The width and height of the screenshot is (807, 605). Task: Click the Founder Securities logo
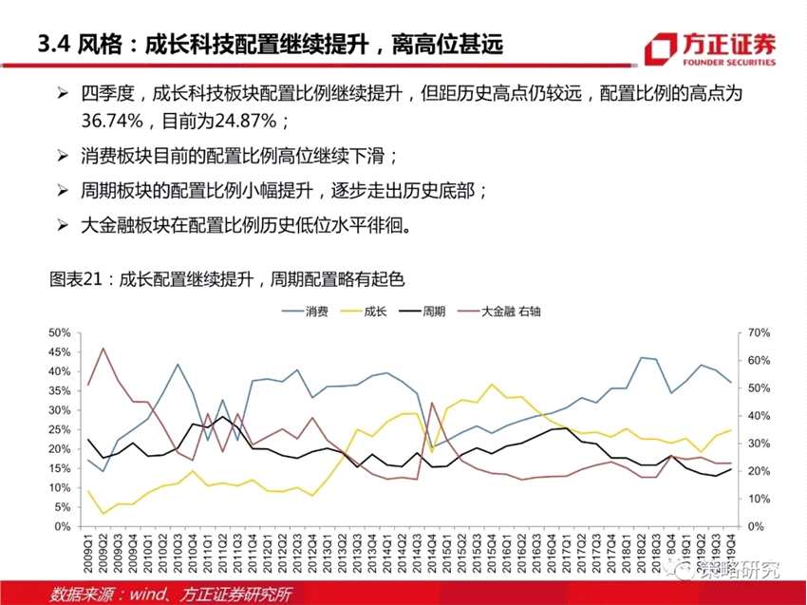tap(707, 48)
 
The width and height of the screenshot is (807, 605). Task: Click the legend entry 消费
tap(317, 312)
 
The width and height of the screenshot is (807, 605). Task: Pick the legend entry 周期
tap(433, 312)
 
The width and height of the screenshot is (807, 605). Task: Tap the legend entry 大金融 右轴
tap(512, 312)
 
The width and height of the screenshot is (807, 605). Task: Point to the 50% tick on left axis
tap(59, 332)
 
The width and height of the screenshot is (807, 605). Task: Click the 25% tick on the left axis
tap(59, 429)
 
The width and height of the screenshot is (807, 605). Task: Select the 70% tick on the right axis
tap(756, 332)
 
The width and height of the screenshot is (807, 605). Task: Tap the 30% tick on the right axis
tap(756, 444)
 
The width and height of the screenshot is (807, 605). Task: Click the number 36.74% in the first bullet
tap(112, 122)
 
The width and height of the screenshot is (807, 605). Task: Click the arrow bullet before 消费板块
tap(64, 156)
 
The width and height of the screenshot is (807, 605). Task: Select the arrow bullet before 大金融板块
tap(64, 224)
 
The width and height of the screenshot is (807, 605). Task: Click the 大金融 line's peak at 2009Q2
tap(103, 349)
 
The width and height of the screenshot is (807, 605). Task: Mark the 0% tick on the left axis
tap(63, 526)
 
